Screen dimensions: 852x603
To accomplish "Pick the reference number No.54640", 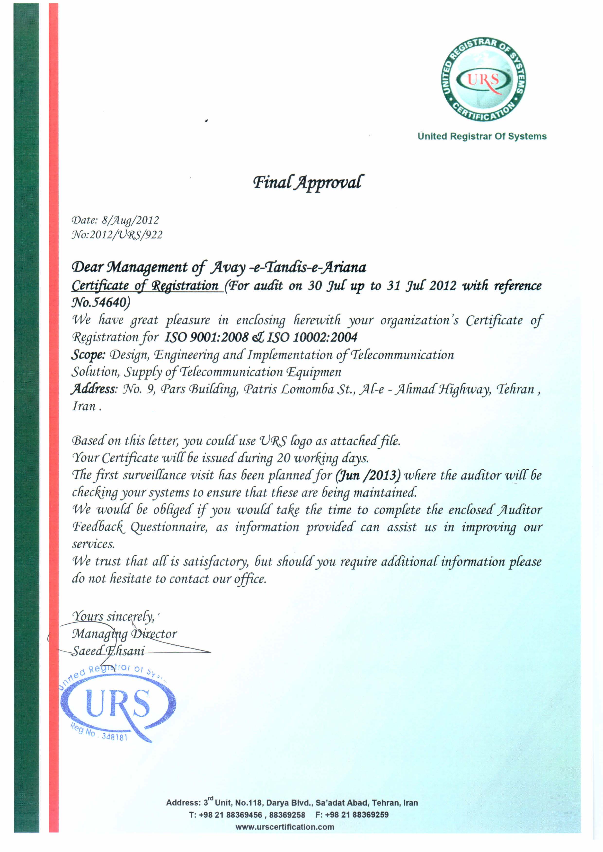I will pyautogui.click(x=101, y=303).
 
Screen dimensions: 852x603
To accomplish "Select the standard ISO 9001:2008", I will pyautogui.click(x=206, y=337).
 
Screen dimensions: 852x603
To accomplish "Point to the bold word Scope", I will pyautogui.click(x=88, y=355).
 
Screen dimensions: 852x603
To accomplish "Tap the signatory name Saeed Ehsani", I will pyautogui.click(x=108, y=651).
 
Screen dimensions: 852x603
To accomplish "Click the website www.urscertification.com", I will pyautogui.click(x=285, y=827).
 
